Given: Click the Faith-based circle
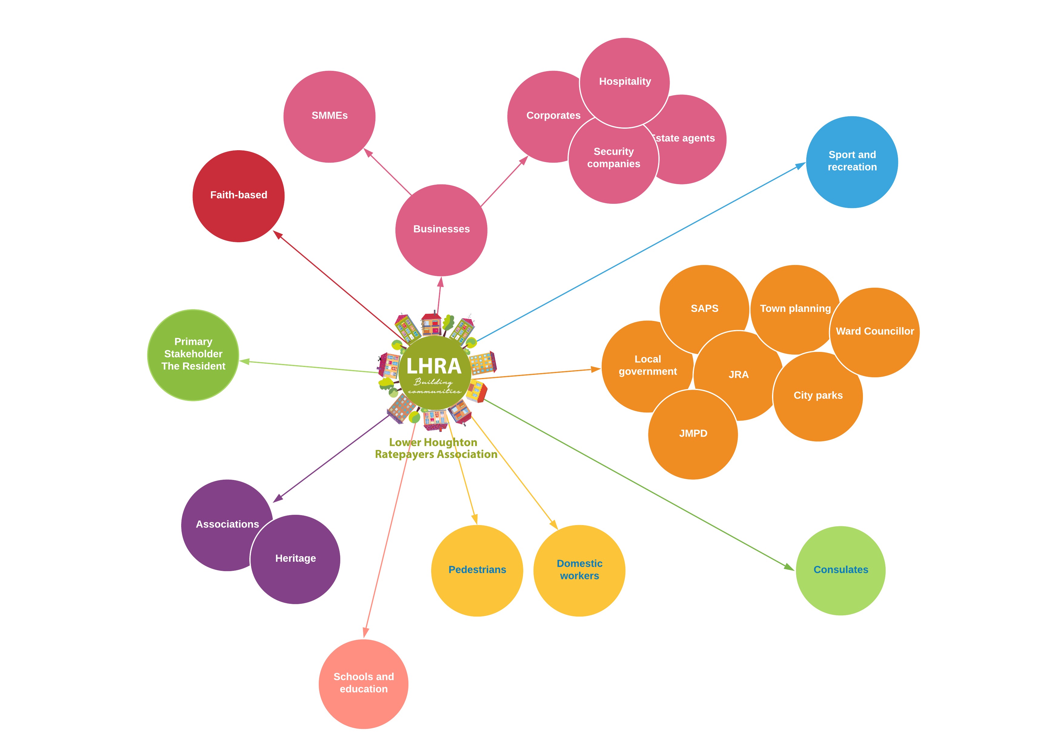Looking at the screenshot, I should point(238,196).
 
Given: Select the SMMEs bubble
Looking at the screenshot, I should point(329,116).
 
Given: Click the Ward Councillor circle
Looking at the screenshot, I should point(874,332).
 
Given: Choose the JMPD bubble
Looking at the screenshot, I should point(693,434).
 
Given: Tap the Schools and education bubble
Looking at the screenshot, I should point(363,683).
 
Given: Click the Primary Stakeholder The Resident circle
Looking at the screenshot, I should point(193,354).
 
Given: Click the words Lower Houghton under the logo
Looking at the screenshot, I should point(433,442).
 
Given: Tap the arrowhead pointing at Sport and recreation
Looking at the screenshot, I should point(801,166).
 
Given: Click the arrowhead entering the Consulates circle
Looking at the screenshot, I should point(789,567).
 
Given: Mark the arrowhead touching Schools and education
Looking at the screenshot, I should point(366,632).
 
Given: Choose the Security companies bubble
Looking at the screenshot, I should point(613,158).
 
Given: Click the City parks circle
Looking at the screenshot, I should point(818,396).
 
